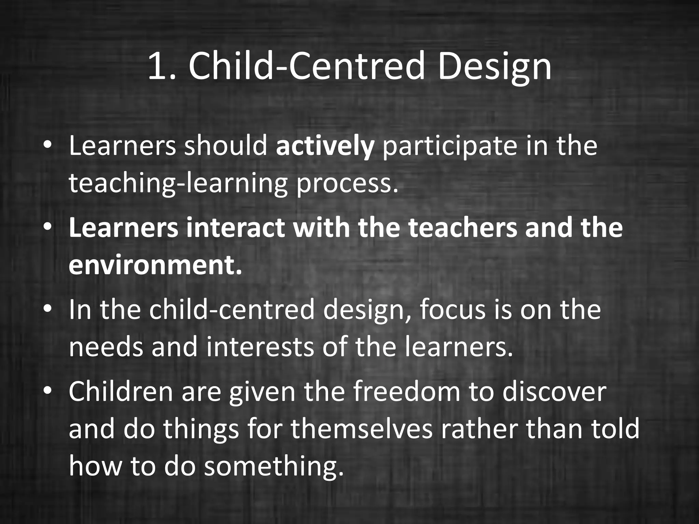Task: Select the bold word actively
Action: tap(325, 147)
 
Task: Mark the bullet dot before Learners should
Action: tap(47, 145)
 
